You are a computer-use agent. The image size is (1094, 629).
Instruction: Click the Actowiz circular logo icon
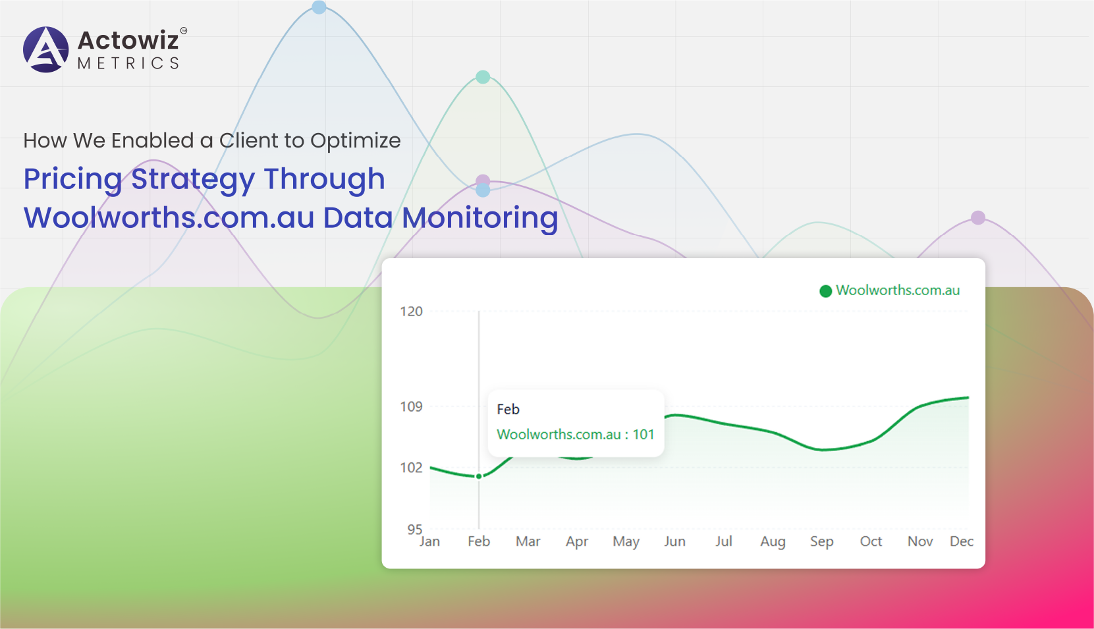(x=46, y=49)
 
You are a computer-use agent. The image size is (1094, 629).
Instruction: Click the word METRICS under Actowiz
(x=128, y=63)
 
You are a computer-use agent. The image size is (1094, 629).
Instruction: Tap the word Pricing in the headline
(x=72, y=179)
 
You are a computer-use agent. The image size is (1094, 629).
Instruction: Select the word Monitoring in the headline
(x=479, y=218)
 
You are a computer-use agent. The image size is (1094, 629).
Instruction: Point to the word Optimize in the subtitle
(x=356, y=141)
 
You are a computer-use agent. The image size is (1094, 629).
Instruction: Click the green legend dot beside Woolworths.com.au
(x=825, y=291)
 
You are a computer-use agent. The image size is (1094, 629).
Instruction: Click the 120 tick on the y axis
(x=411, y=312)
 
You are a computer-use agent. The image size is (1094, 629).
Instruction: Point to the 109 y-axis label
(x=411, y=406)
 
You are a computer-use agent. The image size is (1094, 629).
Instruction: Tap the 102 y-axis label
(x=411, y=468)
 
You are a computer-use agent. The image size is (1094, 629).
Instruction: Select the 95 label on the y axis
(x=415, y=530)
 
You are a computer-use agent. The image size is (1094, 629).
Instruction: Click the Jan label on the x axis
(x=430, y=541)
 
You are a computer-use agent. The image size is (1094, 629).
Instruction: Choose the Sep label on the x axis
(x=822, y=542)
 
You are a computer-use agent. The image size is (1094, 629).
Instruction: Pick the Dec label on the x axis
(x=962, y=541)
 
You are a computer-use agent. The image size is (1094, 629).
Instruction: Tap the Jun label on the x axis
(x=674, y=541)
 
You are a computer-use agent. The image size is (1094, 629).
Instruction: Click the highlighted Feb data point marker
(x=479, y=476)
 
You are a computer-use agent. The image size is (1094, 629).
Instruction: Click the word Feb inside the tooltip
(x=508, y=409)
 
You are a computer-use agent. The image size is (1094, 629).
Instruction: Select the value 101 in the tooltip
(x=643, y=435)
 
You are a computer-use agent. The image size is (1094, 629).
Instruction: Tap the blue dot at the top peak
(x=319, y=7)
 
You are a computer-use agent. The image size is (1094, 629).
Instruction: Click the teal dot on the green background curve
(x=483, y=77)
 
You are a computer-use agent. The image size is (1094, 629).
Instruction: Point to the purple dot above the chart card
(x=978, y=218)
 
